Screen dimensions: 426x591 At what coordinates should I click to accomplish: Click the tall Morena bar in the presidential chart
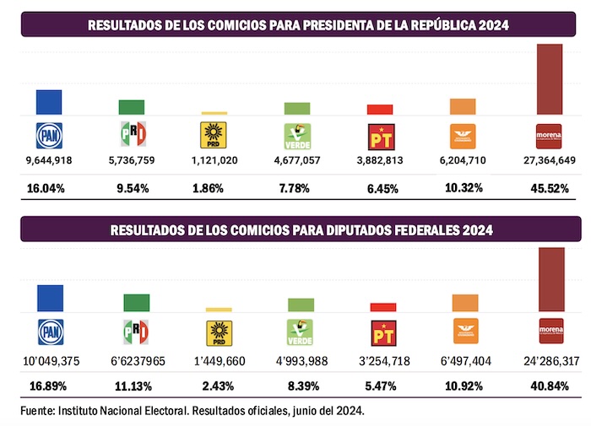[550, 78]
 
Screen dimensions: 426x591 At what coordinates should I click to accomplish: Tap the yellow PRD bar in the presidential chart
[214, 113]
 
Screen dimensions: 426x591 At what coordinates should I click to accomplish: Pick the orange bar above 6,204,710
[462, 107]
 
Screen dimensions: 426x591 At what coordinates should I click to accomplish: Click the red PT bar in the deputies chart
[383, 307]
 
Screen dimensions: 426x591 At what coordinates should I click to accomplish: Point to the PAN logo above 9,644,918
[49, 136]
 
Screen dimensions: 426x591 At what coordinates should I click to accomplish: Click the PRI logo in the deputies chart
[136, 331]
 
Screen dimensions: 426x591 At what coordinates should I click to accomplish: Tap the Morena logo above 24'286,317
[550, 330]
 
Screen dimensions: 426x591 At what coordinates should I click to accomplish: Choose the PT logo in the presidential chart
[380, 136]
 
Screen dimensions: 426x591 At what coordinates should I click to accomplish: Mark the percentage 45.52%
[553, 188]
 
